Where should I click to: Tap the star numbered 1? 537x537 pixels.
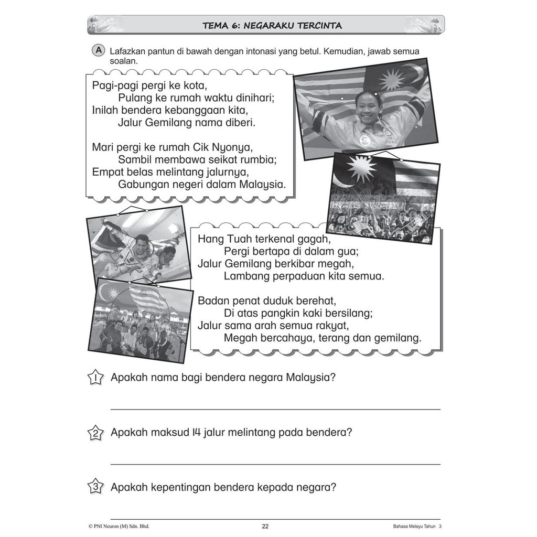(95, 378)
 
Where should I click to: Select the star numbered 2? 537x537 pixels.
(95, 433)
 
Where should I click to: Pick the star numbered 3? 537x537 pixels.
(95, 487)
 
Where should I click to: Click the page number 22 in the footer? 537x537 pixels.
(265, 527)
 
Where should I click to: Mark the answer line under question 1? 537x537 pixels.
(275, 409)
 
